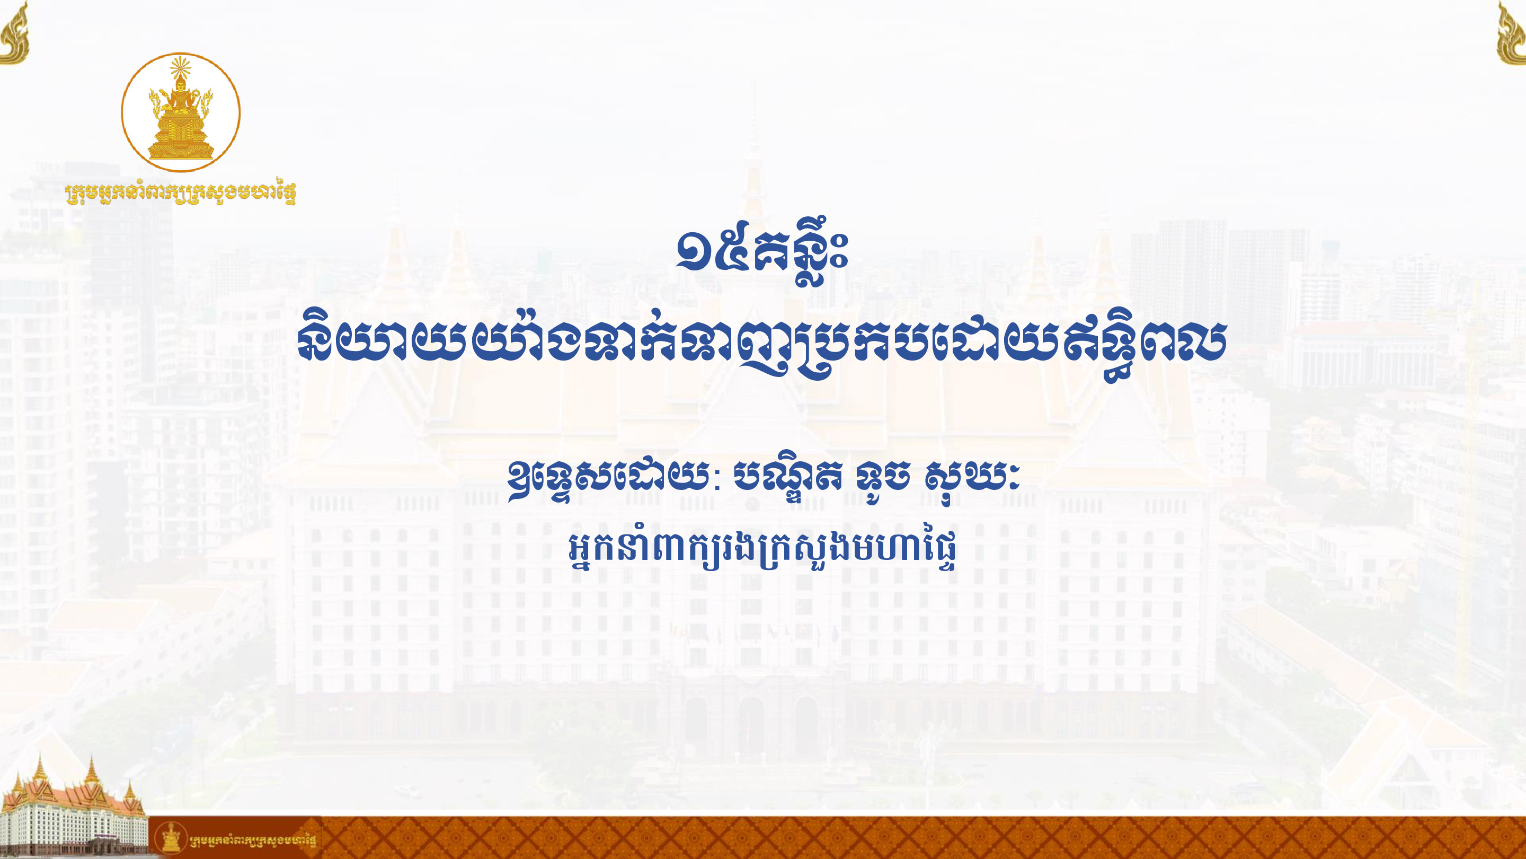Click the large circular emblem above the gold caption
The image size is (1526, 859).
coord(181,112)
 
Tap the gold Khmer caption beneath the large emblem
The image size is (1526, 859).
coord(181,192)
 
